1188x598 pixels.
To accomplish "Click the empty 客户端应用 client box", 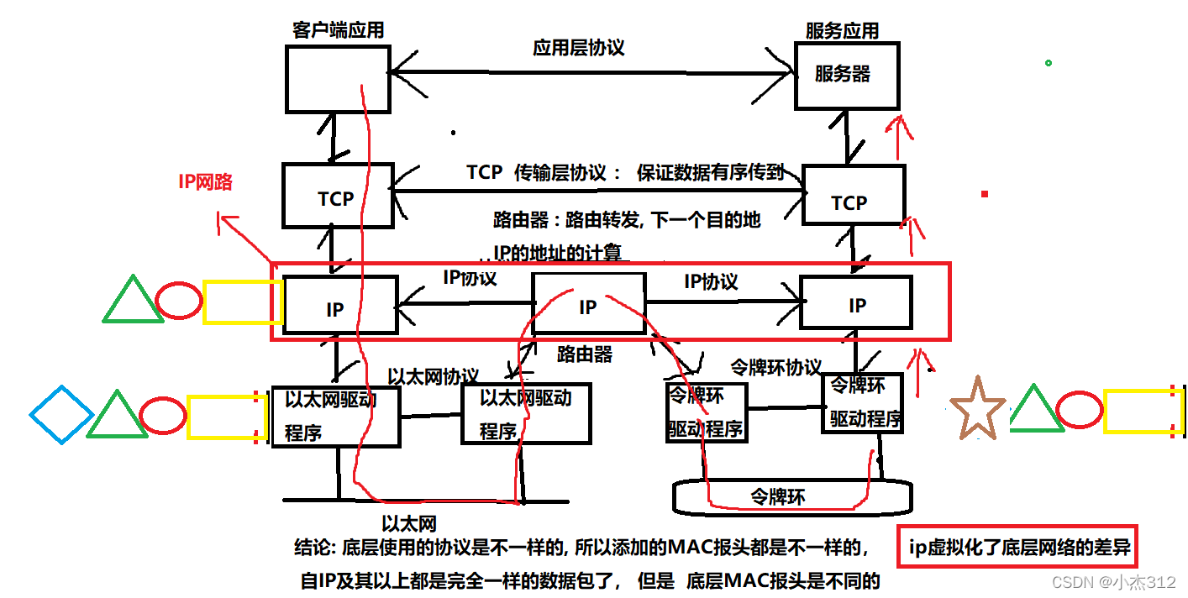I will pyautogui.click(x=337, y=79).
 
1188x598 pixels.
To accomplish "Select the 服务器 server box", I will pyautogui.click(x=846, y=75).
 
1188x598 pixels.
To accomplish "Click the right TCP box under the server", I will pyautogui.click(x=853, y=195).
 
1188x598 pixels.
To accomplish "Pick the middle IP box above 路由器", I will pyautogui.click(x=589, y=303).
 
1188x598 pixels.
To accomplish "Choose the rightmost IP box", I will pyautogui.click(x=855, y=302).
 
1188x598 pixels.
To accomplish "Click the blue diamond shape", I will pyautogui.click(x=61, y=414).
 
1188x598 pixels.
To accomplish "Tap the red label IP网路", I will pyautogui.click(x=205, y=181).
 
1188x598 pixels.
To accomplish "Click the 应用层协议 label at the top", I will pyautogui.click(x=579, y=47).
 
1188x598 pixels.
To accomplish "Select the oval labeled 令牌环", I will pyautogui.click(x=779, y=496).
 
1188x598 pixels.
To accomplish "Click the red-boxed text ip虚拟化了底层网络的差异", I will pyautogui.click(x=1020, y=550).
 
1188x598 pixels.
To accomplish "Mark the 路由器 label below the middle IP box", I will pyautogui.click(x=585, y=354).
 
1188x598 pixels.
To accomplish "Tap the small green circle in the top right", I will pyautogui.click(x=1048, y=63).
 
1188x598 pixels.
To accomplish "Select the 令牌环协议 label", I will pyautogui.click(x=775, y=367).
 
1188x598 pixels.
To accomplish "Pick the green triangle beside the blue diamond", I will pyautogui.click(x=117, y=414).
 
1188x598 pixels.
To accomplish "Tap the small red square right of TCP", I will pyautogui.click(x=984, y=194).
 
